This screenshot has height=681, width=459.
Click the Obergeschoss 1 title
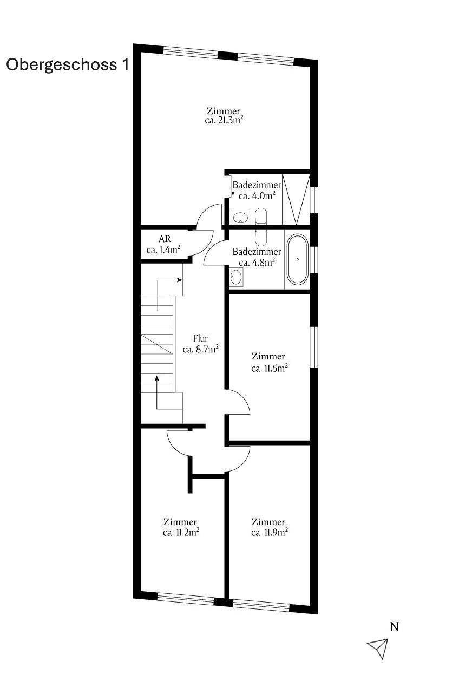pyautogui.click(x=68, y=65)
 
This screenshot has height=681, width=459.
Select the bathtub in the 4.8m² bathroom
pyautogui.click(x=298, y=259)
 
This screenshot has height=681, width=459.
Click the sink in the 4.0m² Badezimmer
pyautogui.click(x=240, y=217)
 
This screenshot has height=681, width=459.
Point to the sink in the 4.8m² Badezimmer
pyautogui.click(x=236, y=277)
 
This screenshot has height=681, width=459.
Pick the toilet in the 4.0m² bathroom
pyautogui.click(x=261, y=216)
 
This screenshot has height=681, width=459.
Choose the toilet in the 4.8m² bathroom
pyautogui.click(x=261, y=238)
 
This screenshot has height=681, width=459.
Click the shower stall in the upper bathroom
pyautogui.click(x=296, y=199)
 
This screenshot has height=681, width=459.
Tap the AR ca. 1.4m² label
pyautogui.click(x=164, y=244)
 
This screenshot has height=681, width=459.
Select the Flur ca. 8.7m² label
pyautogui.click(x=201, y=344)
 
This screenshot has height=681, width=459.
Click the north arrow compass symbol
pyautogui.click(x=378, y=647)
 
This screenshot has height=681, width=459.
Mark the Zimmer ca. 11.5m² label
pyautogui.click(x=270, y=362)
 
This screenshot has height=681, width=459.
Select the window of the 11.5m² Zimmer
pyautogui.click(x=314, y=347)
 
